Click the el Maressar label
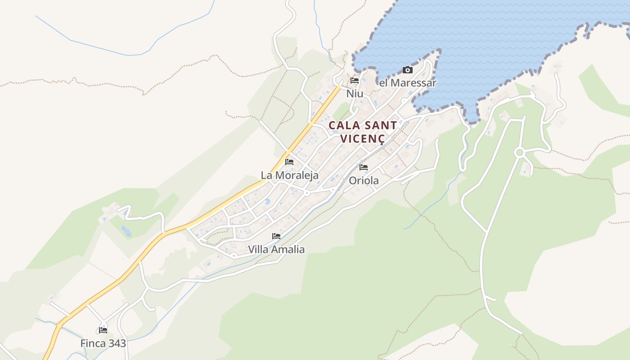click(408, 83)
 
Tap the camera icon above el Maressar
click(407, 70)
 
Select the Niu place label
click(355, 94)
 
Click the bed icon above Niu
click(355, 81)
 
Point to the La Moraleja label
click(289, 175)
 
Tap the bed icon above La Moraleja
click(289, 162)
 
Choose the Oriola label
click(364, 180)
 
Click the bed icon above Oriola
click(364, 167)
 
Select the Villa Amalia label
click(276, 249)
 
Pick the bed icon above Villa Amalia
click(276, 236)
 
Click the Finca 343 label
click(103, 343)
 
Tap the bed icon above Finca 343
click(103, 330)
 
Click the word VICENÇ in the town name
click(363, 139)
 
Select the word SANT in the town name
click(381, 125)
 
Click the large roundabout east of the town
click(520, 153)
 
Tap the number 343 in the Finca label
click(117, 343)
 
